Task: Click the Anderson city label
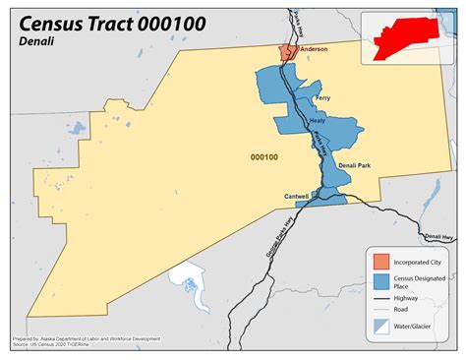pyautogui.click(x=315, y=48)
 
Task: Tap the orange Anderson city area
pyautogui.click(x=287, y=52)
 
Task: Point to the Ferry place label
pyautogui.click(x=322, y=98)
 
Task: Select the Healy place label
pyautogui.click(x=317, y=120)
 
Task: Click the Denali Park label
pyautogui.click(x=354, y=165)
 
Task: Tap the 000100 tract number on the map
pyautogui.click(x=263, y=156)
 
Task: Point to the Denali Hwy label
pyautogui.click(x=439, y=236)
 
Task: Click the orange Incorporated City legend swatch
pyautogui.click(x=379, y=262)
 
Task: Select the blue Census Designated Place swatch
pyautogui.click(x=379, y=281)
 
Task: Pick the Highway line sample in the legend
pyautogui.click(x=379, y=299)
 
